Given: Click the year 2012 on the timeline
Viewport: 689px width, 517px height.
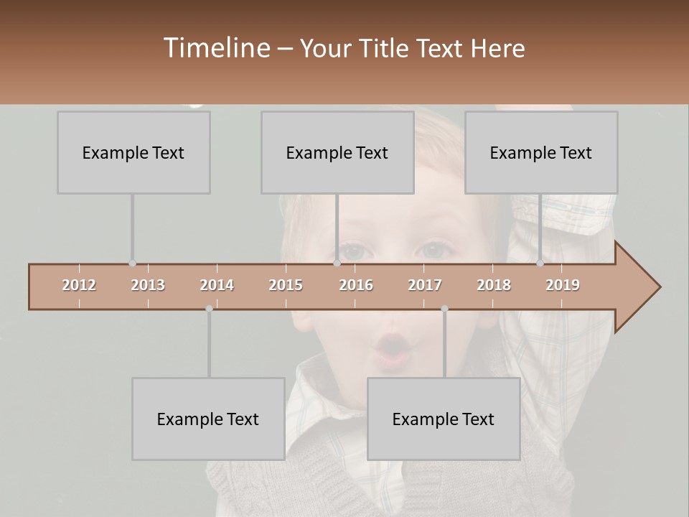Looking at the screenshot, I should click(x=79, y=285).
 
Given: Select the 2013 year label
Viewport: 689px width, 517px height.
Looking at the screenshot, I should click(x=148, y=285).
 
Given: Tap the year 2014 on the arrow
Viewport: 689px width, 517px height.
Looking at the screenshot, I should click(x=217, y=285).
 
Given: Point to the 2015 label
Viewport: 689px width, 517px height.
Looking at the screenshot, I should click(x=286, y=285).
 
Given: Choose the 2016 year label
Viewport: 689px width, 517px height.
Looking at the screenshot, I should click(x=356, y=285).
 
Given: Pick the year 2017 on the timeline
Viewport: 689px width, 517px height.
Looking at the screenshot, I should click(x=425, y=285).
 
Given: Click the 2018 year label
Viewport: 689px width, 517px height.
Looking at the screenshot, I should click(x=494, y=285).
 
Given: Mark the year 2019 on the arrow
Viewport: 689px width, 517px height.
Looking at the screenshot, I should click(x=563, y=285).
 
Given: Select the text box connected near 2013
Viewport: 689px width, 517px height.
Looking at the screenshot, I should click(x=133, y=153).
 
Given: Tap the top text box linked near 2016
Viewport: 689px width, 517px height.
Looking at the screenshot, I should click(x=337, y=153).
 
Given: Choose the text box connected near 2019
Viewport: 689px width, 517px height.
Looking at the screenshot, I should click(x=541, y=153).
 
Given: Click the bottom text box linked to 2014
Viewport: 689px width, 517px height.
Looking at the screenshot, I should click(x=208, y=419).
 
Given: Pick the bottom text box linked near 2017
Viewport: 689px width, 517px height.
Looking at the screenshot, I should click(x=444, y=419).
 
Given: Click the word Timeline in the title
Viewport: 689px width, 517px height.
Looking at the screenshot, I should click(x=215, y=48).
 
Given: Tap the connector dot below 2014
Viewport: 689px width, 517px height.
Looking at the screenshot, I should click(x=209, y=309).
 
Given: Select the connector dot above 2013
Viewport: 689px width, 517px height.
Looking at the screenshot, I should click(x=132, y=264).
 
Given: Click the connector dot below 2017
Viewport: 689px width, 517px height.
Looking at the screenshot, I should click(x=444, y=309).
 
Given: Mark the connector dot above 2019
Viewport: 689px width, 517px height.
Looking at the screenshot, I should click(x=540, y=264).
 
